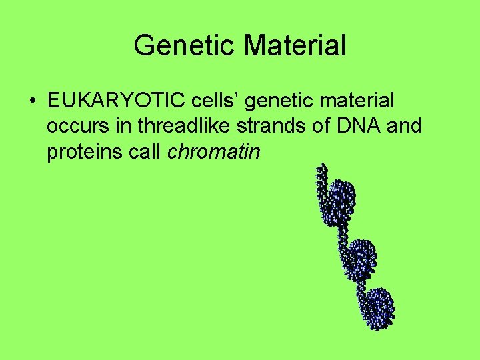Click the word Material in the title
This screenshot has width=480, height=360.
pos(295,46)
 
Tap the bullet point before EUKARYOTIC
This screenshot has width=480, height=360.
pos(32,101)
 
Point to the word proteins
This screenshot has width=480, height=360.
pos(83,152)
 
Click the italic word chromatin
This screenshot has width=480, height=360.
pos(214,151)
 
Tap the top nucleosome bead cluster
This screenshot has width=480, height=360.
pos(342,198)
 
